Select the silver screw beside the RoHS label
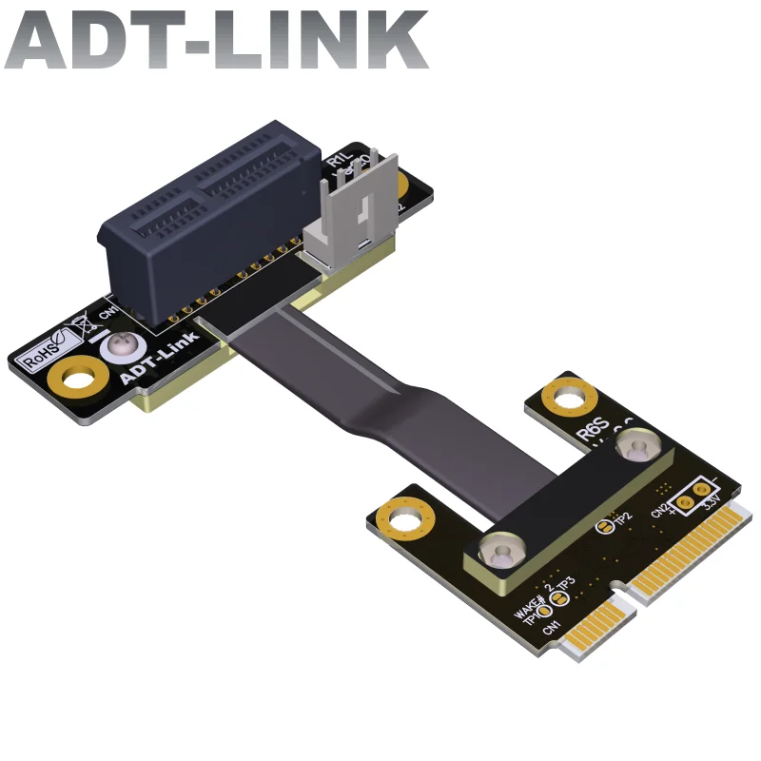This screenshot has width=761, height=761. (x=122, y=343)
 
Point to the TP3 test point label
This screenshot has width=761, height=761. (x=565, y=582)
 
